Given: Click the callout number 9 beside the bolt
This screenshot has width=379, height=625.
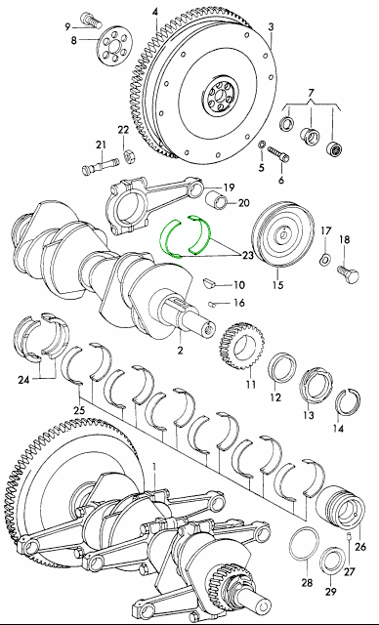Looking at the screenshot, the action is click(x=67, y=26).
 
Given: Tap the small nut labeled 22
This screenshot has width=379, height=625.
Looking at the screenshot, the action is click(x=128, y=156).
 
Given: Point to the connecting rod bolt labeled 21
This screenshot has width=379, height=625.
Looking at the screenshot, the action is click(x=101, y=165).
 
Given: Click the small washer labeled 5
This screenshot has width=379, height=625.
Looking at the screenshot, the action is click(x=261, y=145).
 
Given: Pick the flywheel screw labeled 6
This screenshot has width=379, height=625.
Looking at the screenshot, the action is click(x=277, y=154).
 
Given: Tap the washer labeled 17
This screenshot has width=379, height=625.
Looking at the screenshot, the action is click(x=325, y=260).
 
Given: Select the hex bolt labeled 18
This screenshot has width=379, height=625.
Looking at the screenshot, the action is click(x=348, y=273).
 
